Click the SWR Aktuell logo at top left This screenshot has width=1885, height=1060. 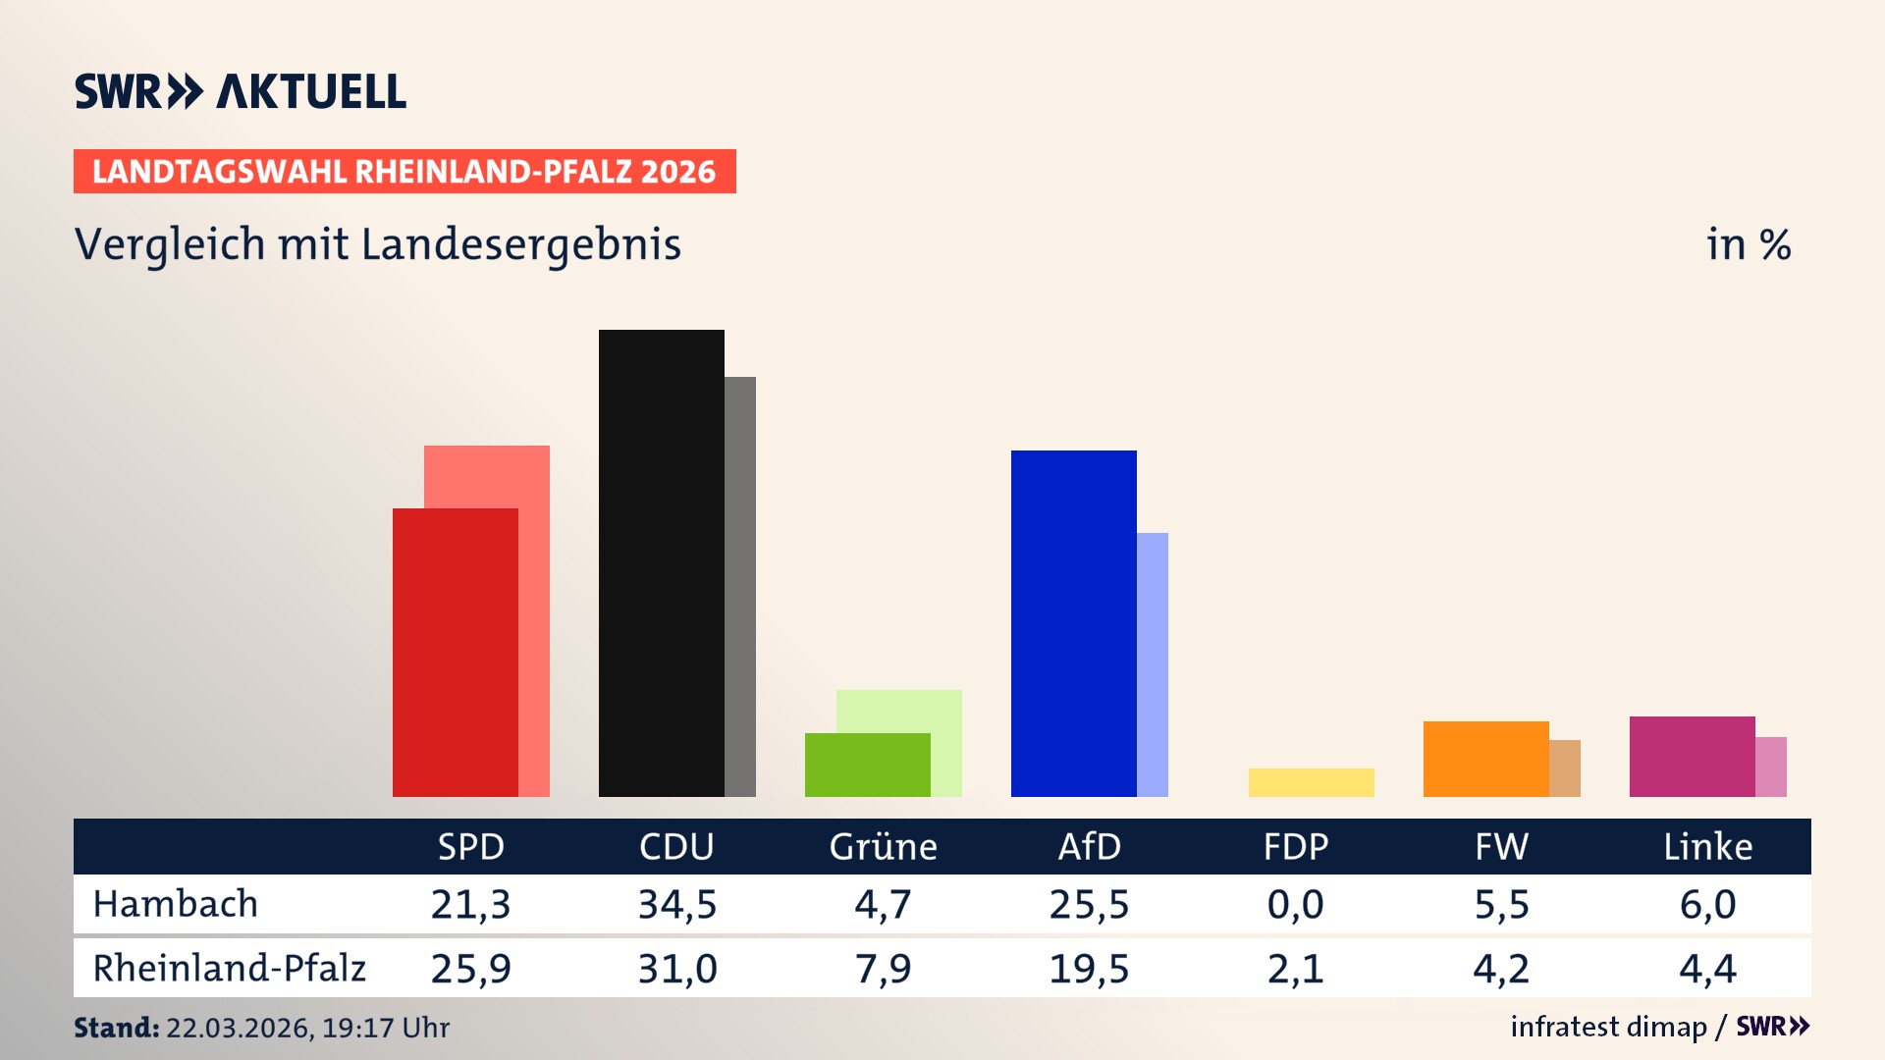(240, 91)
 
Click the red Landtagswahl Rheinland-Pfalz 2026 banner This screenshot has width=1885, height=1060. (404, 172)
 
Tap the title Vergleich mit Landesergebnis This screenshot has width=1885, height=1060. (377, 244)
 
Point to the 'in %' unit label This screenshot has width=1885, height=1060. (1748, 245)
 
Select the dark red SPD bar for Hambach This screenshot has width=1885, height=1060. (455, 652)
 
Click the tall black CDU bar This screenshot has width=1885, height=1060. (661, 562)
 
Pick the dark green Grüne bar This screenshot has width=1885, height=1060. (867, 765)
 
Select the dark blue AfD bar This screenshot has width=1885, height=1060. (1073, 623)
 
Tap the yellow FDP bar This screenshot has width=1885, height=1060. (1311, 782)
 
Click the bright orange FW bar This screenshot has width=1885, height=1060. (1485, 759)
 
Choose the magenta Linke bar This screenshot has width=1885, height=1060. (1692, 756)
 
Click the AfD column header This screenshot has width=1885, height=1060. (1089, 847)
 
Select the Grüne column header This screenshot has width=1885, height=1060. (883, 847)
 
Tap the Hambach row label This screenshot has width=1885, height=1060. (175, 904)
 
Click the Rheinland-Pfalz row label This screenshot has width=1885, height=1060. (229, 969)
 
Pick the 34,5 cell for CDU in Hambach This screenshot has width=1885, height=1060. (677, 904)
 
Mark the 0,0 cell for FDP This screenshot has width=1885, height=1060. (1295, 904)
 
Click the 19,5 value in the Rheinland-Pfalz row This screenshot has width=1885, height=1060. (1089, 969)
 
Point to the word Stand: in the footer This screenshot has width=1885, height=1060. (116, 1028)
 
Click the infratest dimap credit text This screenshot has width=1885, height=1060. (1607, 1027)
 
